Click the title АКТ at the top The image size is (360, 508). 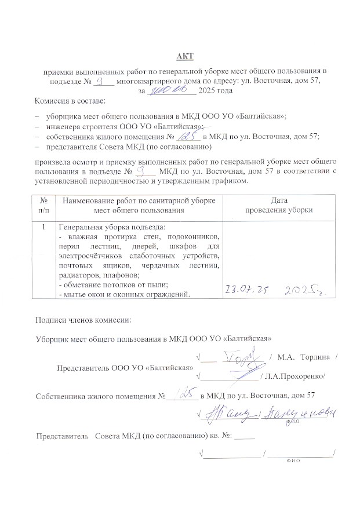(x=185, y=56)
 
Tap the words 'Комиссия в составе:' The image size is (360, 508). (x=67, y=102)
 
